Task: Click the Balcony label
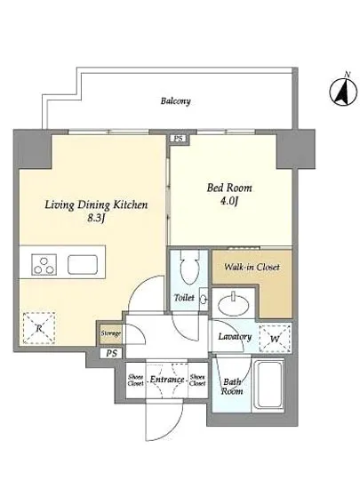(x=175, y=101)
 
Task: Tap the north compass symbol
(x=343, y=92)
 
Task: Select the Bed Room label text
(x=229, y=188)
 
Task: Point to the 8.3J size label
(x=96, y=218)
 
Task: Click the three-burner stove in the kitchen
(x=44, y=264)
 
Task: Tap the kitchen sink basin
(x=83, y=264)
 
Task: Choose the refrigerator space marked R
(x=39, y=328)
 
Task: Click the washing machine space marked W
(x=275, y=339)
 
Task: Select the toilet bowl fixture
(x=188, y=268)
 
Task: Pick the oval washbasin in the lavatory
(x=234, y=304)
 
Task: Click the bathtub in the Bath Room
(x=268, y=386)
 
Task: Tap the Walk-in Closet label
(x=252, y=268)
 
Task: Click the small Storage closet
(x=110, y=334)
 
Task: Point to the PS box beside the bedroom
(x=179, y=139)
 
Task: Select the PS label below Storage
(x=112, y=353)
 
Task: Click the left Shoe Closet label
(x=136, y=381)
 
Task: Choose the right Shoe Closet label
(x=197, y=381)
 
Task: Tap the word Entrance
(x=167, y=380)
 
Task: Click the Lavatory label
(x=235, y=336)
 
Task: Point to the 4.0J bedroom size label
(x=229, y=201)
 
